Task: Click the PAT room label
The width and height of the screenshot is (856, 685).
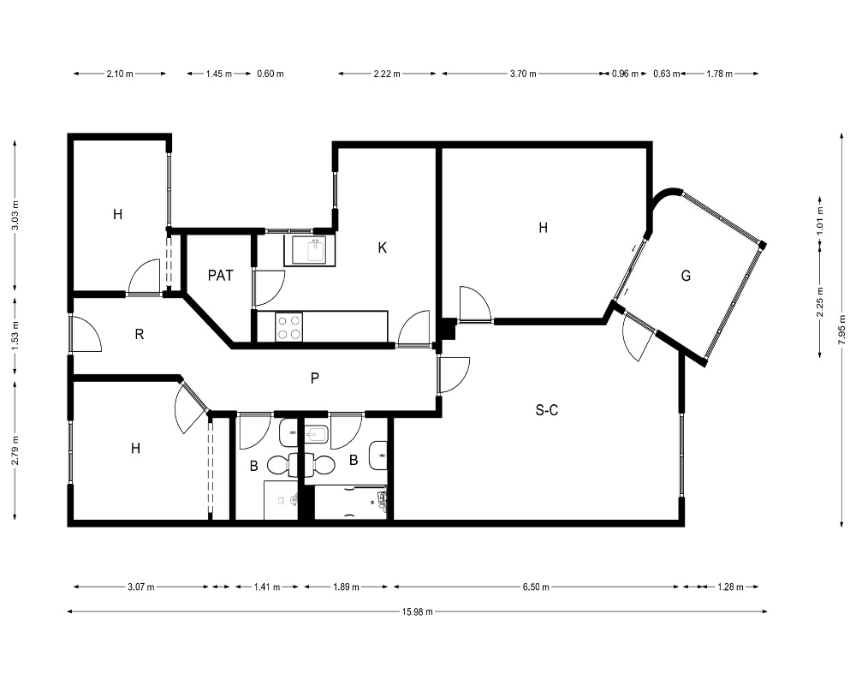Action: click(221, 276)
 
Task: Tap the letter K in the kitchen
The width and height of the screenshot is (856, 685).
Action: click(382, 248)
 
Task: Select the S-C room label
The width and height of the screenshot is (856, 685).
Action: click(546, 410)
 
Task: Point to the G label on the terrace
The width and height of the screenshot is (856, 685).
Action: click(686, 276)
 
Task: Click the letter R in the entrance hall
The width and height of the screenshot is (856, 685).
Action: click(140, 334)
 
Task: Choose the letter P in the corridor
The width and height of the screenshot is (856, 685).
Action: click(314, 378)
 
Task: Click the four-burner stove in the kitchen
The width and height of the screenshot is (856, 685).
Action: click(288, 326)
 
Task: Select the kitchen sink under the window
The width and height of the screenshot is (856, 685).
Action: click(310, 251)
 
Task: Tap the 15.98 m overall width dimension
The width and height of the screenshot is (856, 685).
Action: click(418, 612)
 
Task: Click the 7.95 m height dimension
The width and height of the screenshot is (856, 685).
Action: click(842, 331)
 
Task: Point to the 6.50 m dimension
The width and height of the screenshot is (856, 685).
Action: click(536, 587)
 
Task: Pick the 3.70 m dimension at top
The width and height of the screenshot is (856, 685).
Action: click(523, 74)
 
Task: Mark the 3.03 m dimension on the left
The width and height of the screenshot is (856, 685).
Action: click(15, 216)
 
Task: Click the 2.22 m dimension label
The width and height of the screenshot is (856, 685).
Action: click(387, 74)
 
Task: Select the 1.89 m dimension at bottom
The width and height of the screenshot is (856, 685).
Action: click(346, 587)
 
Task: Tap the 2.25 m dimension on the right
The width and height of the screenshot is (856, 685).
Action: click(820, 302)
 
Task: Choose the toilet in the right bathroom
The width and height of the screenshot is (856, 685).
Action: click(319, 465)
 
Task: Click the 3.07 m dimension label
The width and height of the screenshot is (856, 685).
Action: click(141, 587)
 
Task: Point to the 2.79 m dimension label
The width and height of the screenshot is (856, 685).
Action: click(15, 450)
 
